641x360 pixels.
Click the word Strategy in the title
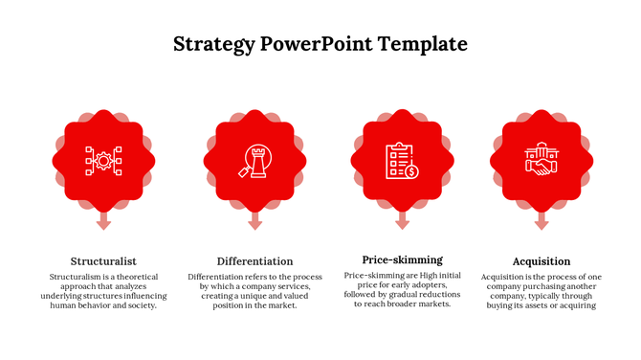[x=213, y=44]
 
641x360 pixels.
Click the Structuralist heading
[x=103, y=261]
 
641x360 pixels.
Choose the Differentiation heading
[x=254, y=261]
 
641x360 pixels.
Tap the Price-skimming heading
[x=402, y=259]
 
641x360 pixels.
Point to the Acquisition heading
[x=542, y=261]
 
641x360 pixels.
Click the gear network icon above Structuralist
[x=103, y=160]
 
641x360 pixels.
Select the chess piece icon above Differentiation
[x=254, y=160]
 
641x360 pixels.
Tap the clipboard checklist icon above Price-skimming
[x=402, y=160]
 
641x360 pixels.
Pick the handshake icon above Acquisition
[x=542, y=161]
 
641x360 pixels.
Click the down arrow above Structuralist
[x=103, y=221]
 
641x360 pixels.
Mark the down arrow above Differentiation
[x=254, y=221]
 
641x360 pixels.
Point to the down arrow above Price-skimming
[x=402, y=221]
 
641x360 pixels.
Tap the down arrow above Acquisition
[x=542, y=221]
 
